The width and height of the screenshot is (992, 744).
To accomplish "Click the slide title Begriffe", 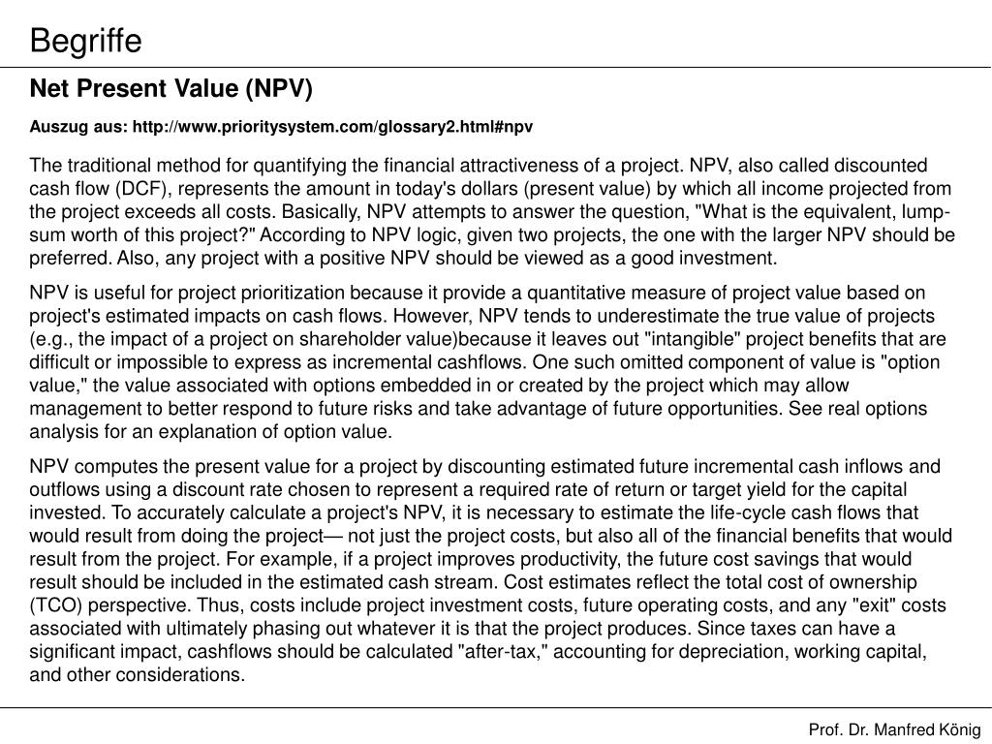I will tap(85, 41).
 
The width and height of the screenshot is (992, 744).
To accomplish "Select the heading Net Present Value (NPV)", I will tap(171, 89).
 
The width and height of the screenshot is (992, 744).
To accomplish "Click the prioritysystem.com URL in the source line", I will tap(332, 127).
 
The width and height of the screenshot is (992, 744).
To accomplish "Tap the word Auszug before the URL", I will tap(54, 127).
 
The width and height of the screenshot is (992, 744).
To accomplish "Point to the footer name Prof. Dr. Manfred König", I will tap(895, 728).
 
